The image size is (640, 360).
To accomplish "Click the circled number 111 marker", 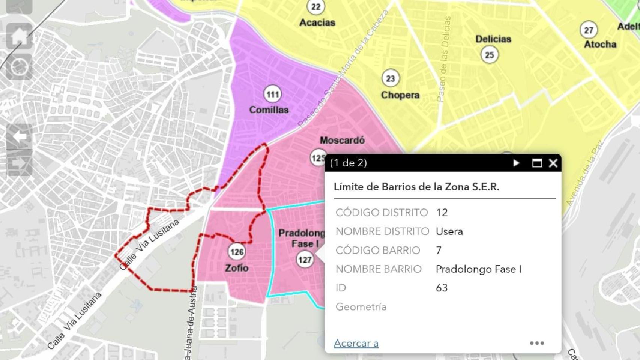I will coord(273,94).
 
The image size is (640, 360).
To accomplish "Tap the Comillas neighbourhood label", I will coord(269,110).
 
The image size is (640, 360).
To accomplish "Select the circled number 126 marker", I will coord(237,252).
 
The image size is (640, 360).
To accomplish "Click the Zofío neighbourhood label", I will coord(236,268).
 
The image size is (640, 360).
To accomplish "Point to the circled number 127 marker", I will coord(305,259).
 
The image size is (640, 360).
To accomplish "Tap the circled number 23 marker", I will coord(391,78).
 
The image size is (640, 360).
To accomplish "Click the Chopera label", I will coord(400,95).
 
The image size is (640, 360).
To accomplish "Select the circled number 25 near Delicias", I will coord(490,55).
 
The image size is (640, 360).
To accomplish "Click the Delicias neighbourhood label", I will coord(493,39).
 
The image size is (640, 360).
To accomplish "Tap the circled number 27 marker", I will coord(589,30).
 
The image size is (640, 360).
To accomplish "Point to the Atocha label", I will coord(600,44).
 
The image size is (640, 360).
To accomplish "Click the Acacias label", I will coord(317,22).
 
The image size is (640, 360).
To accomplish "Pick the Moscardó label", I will coord(342,141).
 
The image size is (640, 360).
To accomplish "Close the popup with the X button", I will coord(553,163).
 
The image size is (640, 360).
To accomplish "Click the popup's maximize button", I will coord(537,163).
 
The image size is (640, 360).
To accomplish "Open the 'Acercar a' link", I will coord(356,343).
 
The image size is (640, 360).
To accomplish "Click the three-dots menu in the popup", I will coord(537,343).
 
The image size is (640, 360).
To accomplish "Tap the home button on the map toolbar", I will coord(19,36).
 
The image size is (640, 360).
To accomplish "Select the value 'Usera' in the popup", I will coord(449,231).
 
